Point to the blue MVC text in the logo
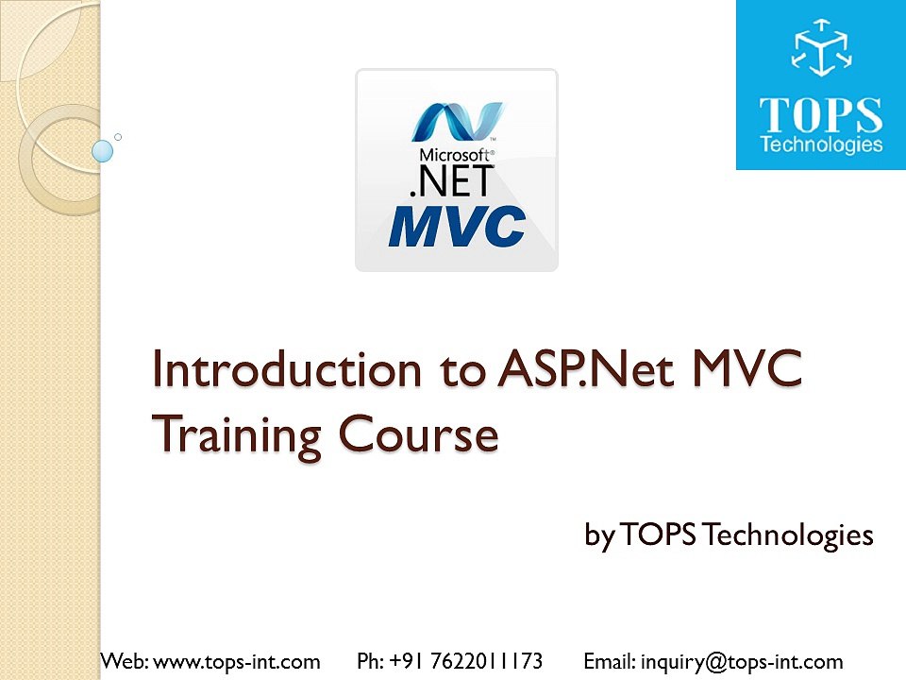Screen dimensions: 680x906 [457, 228]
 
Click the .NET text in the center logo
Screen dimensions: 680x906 [450, 181]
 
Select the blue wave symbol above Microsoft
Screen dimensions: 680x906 [458, 121]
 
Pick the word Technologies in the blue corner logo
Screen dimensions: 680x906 [821, 145]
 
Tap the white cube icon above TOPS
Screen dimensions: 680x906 [821, 49]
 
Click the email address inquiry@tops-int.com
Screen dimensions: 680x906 [741, 661]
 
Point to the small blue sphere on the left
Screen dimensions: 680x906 [103, 150]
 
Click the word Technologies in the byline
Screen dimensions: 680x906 [789, 535]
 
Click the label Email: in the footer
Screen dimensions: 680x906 [610, 661]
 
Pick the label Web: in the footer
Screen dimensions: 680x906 [124, 661]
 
